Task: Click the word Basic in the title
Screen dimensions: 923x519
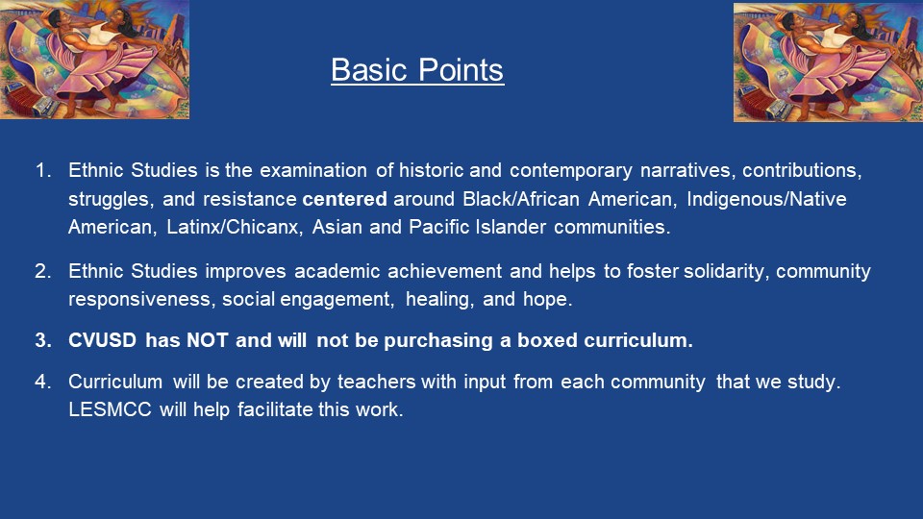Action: click(369, 69)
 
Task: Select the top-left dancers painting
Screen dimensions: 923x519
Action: click(94, 60)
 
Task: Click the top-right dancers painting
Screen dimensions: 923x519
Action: click(828, 62)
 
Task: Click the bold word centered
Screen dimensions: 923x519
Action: click(344, 199)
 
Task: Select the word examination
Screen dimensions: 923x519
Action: click(313, 170)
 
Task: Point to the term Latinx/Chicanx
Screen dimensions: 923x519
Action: click(233, 227)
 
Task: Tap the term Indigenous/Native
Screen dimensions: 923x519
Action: click(766, 199)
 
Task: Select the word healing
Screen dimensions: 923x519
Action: click(439, 299)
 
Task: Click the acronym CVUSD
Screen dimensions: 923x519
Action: click(103, 340)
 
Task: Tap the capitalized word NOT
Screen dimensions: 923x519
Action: click(208, 340)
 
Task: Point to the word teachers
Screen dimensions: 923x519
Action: click(376, 382)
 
